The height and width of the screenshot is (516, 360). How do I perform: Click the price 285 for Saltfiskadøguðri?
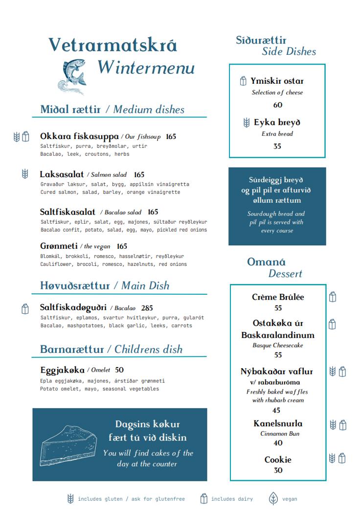pos(147,308)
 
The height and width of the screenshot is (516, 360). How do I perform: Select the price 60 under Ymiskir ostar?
pos(277,105)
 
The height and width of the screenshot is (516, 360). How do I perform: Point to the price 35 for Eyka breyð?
pos(277,146)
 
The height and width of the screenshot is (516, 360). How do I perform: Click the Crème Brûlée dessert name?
pos(278,297)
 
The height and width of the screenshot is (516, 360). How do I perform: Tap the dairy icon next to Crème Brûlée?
pos(333,297)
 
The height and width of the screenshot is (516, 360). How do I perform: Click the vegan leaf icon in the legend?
pos(273,499)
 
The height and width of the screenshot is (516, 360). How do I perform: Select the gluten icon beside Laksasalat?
pos(25,174)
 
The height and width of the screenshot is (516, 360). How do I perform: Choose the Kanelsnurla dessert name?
pos(278,423)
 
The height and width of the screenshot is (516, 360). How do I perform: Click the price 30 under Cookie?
pos(278,470)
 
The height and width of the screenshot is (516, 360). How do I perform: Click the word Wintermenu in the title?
pos(146,68)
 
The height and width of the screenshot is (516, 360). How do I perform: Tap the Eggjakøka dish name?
pos(62,370)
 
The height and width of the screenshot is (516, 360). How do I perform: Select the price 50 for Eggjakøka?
pos(119,370)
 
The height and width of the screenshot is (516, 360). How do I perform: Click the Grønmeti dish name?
pos(59,246)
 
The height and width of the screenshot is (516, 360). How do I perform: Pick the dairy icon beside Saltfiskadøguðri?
pos(25,308)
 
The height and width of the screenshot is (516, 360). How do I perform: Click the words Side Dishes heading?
pos(289,51)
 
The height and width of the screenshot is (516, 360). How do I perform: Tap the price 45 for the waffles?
pos(276,410)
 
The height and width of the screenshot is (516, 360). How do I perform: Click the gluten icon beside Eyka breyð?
pos(247,122)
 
